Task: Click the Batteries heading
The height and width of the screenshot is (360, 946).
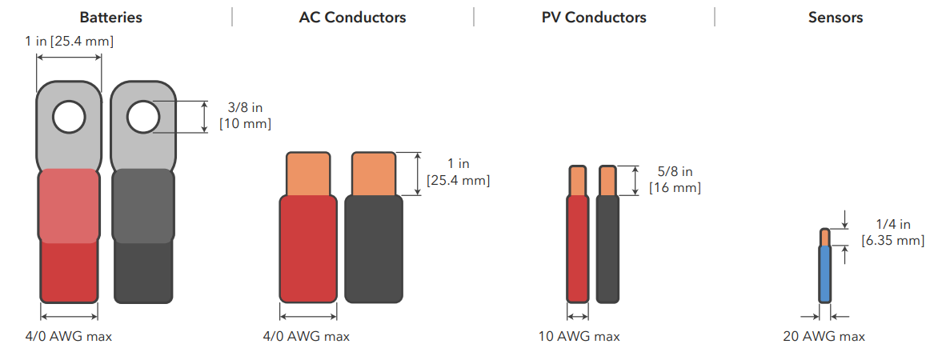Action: (111, 18)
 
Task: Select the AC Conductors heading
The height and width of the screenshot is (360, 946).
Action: (352, 18)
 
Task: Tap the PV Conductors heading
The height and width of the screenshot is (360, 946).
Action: (594, 18)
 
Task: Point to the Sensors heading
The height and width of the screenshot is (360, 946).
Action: (836, 18)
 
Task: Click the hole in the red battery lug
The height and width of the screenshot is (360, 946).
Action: (69, 118)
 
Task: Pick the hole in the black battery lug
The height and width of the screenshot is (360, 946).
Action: (142, 117)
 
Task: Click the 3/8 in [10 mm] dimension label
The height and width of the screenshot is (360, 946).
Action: (245, 116)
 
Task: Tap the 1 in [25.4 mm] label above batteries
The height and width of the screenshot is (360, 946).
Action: (69, 41)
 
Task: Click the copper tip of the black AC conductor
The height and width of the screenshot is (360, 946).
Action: (373, 174)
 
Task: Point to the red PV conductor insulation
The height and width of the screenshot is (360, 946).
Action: (577, 248)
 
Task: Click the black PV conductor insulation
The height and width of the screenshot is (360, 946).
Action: (607, 248)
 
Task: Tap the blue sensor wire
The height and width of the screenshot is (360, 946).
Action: (825, 273)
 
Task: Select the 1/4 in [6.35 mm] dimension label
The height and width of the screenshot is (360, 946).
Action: (893, 233)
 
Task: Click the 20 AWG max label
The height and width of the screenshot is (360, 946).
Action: (824, 337)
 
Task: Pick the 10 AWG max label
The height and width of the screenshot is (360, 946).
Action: (579, 337)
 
